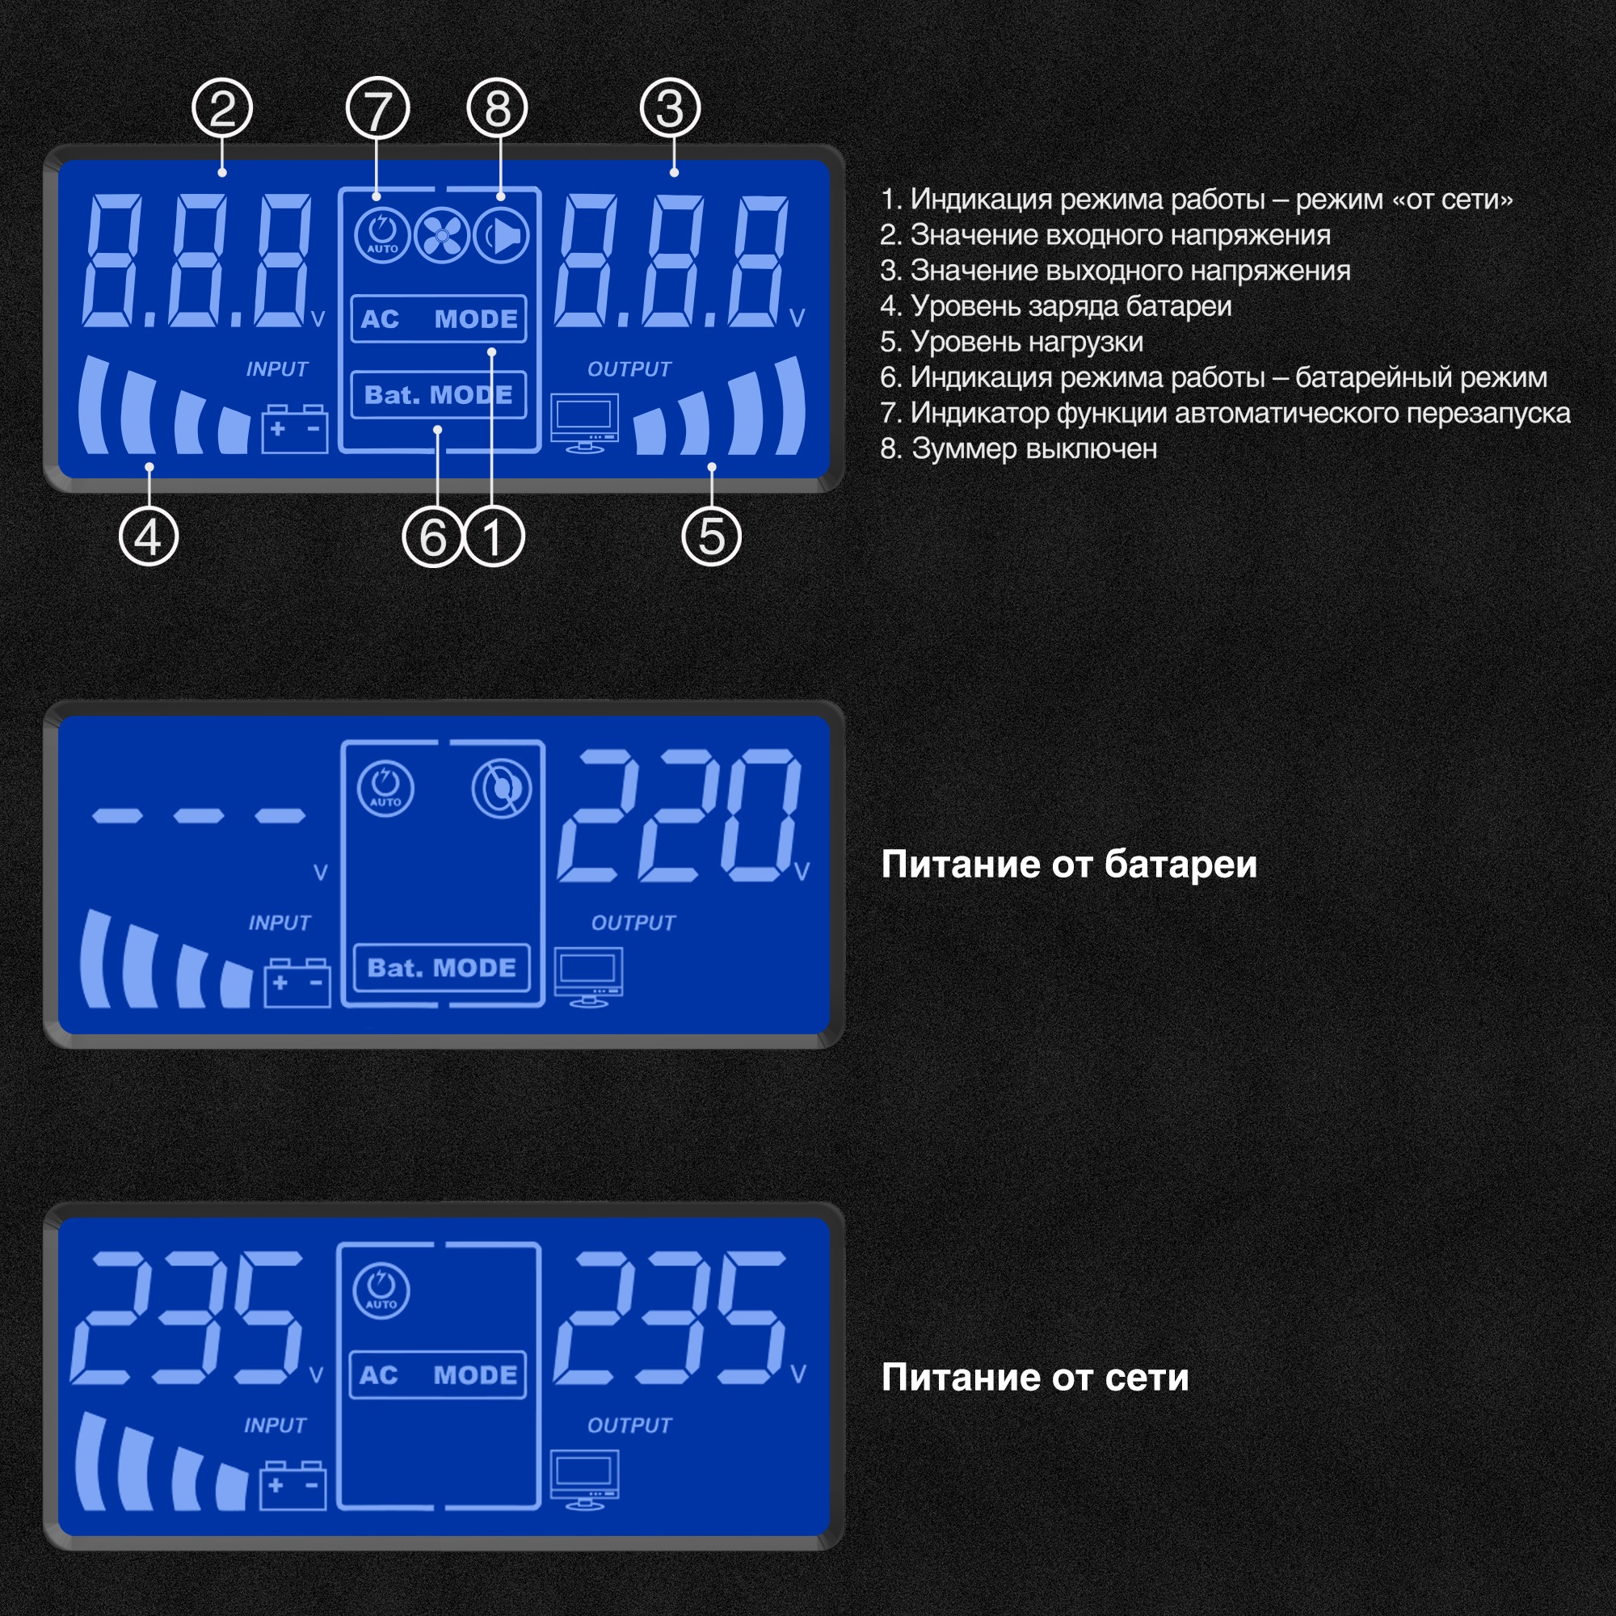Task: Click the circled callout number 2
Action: (x=221, y=109)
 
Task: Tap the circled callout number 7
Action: (x=377, y=109)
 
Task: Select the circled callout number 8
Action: (x=498, y=109)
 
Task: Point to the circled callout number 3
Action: (x=670, y=109)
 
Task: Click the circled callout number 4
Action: (x=149, y=537)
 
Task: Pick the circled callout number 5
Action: (x=711, y=537)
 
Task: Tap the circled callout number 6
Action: (x=432, y=537)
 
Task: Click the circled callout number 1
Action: (x=494, y=537)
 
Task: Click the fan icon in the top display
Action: (x=442, y=235)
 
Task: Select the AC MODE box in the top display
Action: (x=438, y=318)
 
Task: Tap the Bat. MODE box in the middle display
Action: (x=442, y=968)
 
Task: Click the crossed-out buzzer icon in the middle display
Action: (x=502, y=788)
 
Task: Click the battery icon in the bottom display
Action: (x=292, y=1487)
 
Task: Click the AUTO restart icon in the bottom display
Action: (x=381, y=1290)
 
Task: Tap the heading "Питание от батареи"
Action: (x=1069, y=865)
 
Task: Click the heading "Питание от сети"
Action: (x=1035, y=1378)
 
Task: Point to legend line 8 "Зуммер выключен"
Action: (x=1019, y=449)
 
